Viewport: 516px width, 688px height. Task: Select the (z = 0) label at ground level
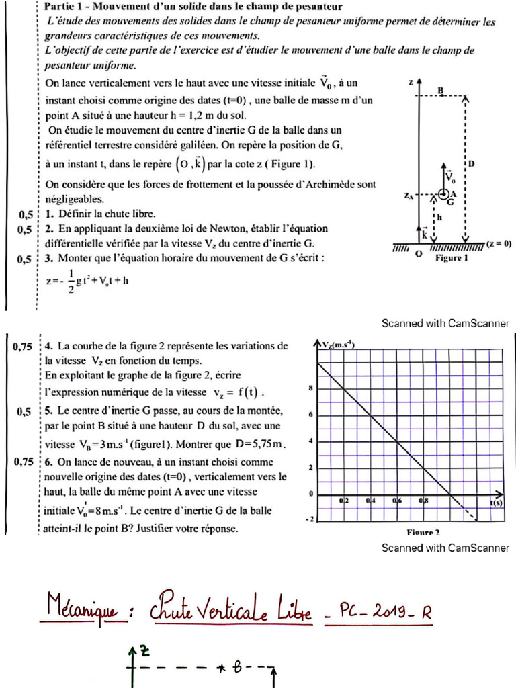(499, 244)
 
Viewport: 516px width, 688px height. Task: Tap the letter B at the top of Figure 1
(441, 90)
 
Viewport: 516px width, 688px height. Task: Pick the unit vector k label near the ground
(424, 234)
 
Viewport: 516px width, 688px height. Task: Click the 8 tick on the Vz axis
(310, 388)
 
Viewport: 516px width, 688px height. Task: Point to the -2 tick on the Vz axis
(309, 519)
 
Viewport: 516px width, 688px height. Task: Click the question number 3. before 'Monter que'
(50, 257)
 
